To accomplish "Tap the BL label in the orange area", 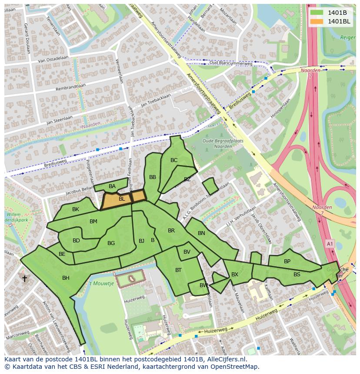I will (x=122, y=199).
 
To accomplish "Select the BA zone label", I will (x=112, y=186).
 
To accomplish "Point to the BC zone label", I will (x=174, y=160).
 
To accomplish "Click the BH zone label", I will (x=66, y=278).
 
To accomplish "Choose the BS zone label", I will (x=297, y=274).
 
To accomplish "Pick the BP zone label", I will (x=287, y=261).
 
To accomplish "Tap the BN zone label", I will (x=201, y=233).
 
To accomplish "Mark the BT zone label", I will (x=178, y=270).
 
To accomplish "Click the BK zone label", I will (x=76, y=209).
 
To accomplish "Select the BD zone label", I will (x=76, y=241).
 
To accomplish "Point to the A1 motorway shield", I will (x=330, y=244).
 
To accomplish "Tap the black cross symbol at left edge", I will (x=25, y=278).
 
